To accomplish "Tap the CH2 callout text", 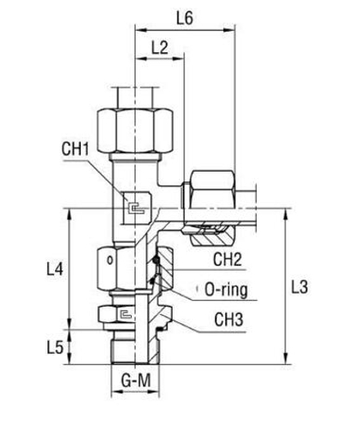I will [228, 260].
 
